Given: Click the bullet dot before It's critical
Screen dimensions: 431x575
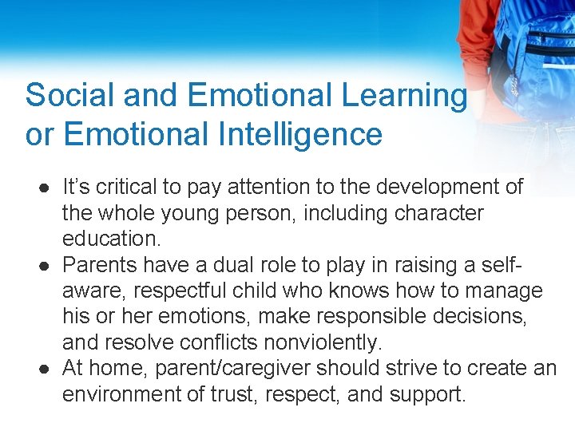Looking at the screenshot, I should coord(41,188).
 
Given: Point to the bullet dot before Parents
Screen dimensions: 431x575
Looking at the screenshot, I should coord(41,265).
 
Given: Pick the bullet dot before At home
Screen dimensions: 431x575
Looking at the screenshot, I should coord(41,369).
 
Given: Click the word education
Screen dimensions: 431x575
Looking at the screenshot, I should coord(112,239).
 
